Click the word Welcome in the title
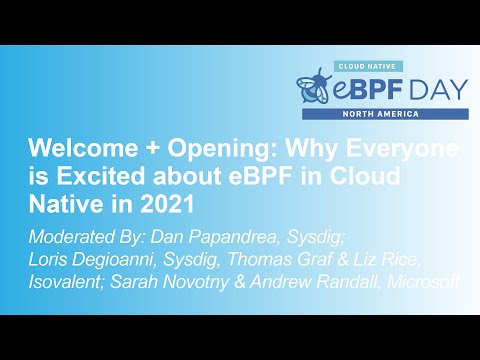point(70,149)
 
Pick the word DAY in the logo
point(433,89)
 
